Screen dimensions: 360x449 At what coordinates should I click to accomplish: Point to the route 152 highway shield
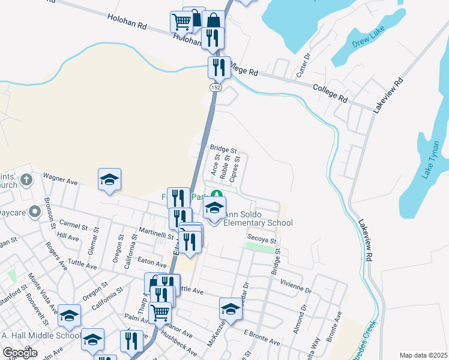pos(214,88)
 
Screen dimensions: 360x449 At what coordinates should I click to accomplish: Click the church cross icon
pos(26,179)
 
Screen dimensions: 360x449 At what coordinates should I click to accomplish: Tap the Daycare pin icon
pos(35,211)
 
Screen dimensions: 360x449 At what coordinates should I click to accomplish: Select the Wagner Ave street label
pos(61,178)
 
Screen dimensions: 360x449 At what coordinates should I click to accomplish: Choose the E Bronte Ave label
pos(261,337)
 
